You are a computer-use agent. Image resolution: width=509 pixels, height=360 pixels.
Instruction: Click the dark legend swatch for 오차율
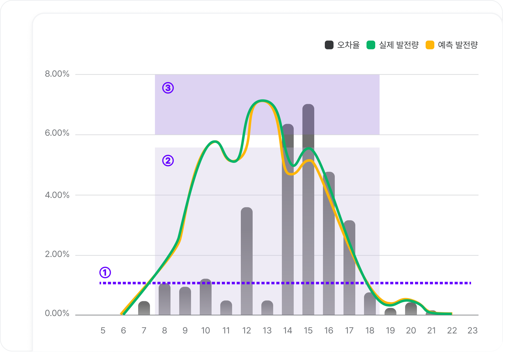tap(329, 45)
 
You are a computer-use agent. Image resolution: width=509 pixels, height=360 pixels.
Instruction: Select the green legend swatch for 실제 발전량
tap(371, 45)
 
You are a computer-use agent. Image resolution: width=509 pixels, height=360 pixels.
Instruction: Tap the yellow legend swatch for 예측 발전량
tap(430, 45)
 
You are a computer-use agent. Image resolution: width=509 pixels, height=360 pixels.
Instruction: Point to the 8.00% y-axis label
tap(57, 74)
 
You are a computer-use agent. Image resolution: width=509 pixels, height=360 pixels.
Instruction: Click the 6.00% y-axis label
tap(57, 133)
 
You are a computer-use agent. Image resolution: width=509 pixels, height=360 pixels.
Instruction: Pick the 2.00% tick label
tap(57, 254)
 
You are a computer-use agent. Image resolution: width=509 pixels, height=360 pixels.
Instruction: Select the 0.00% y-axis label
tap(57, 313)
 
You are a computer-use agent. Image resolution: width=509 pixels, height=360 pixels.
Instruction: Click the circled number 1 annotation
tap(105, 272)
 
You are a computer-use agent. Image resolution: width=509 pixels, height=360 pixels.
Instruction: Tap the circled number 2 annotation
tap(168, 161)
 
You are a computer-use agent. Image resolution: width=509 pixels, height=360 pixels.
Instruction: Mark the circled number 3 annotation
tap(168, 88)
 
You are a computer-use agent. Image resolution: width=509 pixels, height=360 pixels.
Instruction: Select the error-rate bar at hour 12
tap(247, 261)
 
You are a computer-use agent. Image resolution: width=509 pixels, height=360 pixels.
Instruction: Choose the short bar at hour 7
tap(144, 308)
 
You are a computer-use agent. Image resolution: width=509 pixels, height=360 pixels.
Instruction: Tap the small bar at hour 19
tap(390, 312)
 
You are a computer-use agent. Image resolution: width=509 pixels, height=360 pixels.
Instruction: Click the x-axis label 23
tap(472, 330)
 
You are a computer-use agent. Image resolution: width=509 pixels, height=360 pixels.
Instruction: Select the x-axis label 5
tap(103, 330)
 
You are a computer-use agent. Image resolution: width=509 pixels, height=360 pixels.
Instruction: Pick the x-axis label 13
tap(267, 330)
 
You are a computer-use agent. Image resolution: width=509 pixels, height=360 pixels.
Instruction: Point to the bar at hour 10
tap(206, 297)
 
